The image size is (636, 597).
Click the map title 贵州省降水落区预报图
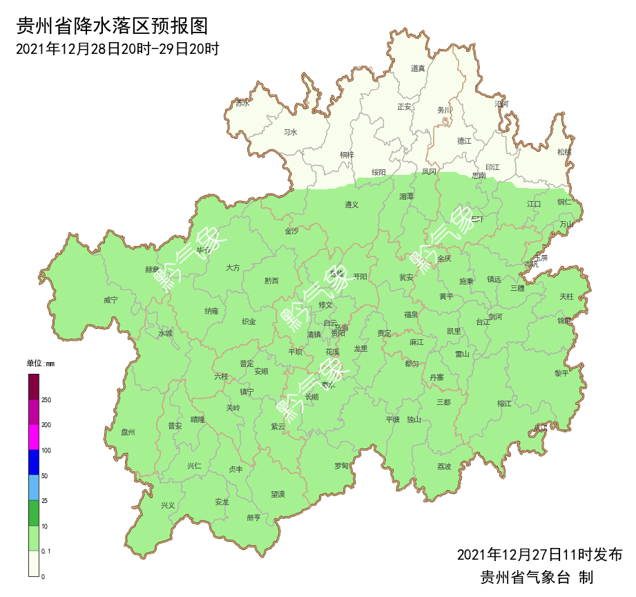[112, 26]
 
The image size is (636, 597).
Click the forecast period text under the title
[117, 49]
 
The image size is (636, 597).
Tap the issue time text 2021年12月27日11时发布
[539, 554]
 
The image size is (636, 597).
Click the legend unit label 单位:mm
[40, 363]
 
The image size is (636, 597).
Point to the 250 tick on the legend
[46, 400]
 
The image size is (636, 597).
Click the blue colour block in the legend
[33, 462]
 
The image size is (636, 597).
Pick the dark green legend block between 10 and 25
[33, 513]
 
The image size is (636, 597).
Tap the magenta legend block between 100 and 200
[33, 437]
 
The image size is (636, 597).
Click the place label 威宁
[110, 300]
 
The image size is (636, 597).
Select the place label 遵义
[352, 205]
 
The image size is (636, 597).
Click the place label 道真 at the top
[418, 68]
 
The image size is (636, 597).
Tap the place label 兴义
[168, 505]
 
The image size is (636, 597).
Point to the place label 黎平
[561, 373]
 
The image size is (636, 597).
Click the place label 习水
[291, 132]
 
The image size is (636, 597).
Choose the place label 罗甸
[341, 466]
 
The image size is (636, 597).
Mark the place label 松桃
[564, 152]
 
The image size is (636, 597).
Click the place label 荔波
[444, 466]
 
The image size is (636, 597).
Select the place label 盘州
[128, 432]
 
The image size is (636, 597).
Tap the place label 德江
[463, 141]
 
